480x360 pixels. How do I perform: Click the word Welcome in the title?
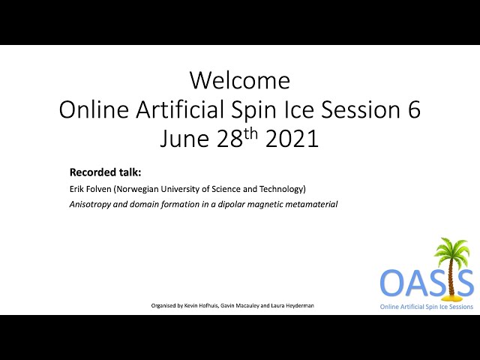click(x=240, y=80)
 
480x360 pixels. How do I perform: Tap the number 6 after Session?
click(x=414, y=109)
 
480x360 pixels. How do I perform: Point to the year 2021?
click(x=292, y=139)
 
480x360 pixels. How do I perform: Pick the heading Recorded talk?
click(x=105, y=172)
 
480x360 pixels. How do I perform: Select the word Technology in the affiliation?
click(x=283, y=189)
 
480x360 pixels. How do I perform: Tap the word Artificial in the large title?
click(x=180, y=109)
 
